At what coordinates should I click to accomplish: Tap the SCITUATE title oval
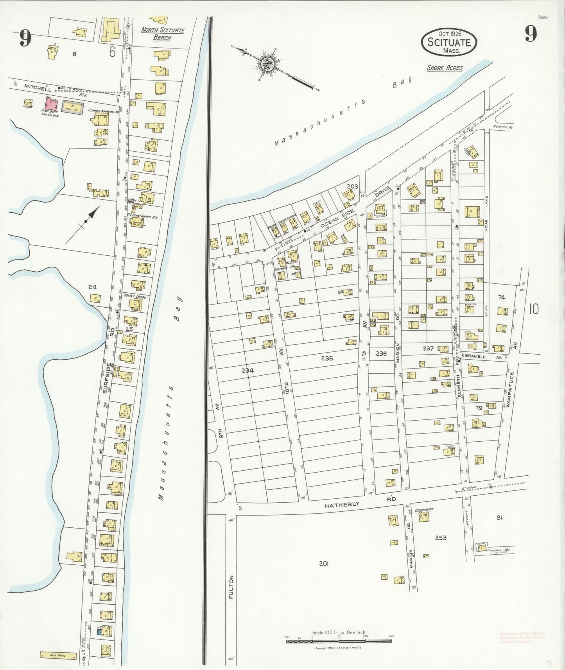(x=448, y=42)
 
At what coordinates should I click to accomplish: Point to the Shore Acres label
(x=445, y=68)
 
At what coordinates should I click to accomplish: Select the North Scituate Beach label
(x=162, y=34)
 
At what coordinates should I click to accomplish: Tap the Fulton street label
(x=231, y=587)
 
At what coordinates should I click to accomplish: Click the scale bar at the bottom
(x=339, y=640)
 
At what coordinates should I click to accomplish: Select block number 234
(x=248, y=370)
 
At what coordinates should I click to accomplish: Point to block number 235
(x=326, y=358)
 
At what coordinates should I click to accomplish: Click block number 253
(x=441, y=538)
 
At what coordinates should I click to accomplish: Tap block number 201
(x=323, y=563)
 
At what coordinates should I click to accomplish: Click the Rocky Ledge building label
(x=135, y=297)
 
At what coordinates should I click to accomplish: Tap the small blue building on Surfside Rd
(x=99, y=631)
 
